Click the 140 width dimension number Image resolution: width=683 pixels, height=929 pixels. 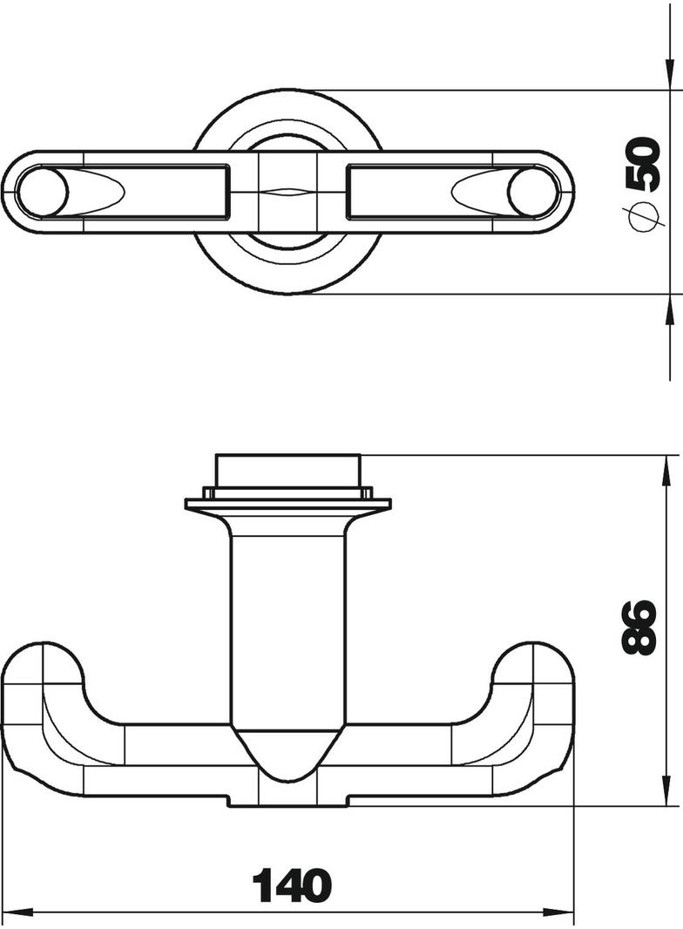coord(292,886)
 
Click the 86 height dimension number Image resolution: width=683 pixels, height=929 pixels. coord(639,627)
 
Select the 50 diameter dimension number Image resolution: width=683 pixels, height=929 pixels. coord(643,164)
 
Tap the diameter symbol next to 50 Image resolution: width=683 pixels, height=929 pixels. coord(643,218)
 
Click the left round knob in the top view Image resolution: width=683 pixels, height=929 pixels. coord(42,192)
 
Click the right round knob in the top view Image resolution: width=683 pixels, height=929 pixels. coord(533,192)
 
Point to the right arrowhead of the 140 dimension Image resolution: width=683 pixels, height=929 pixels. coord(560,912)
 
